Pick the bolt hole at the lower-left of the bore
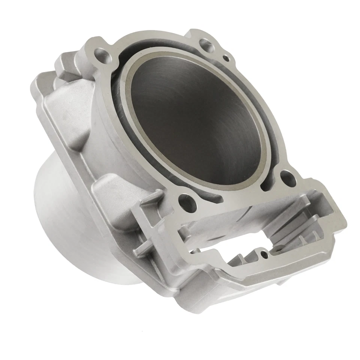pos(184,199)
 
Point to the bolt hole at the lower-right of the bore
pos(287,176)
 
